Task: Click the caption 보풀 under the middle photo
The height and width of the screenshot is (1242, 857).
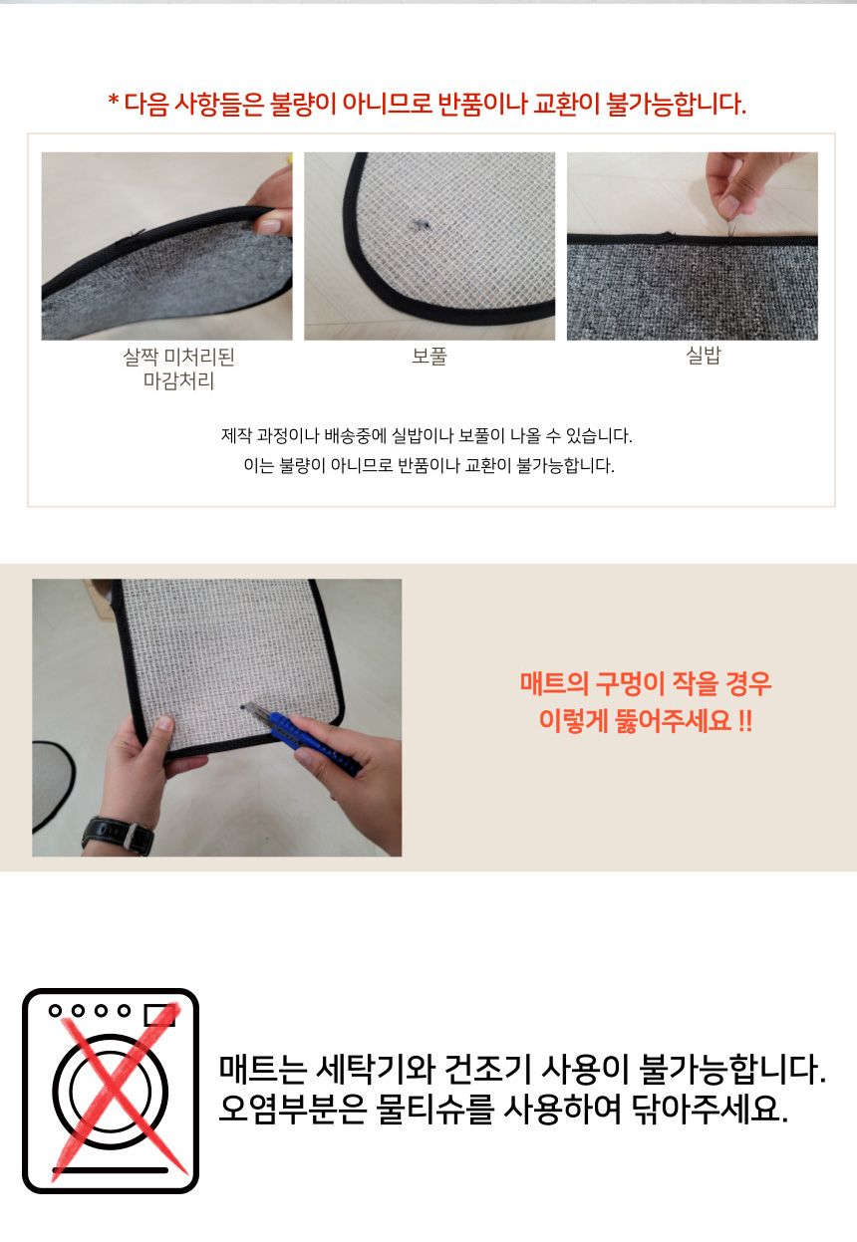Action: pos(428,356)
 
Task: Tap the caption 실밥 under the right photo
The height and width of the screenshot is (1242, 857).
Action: pos(704,356)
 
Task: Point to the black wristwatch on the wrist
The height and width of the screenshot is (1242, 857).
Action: pos(119,834)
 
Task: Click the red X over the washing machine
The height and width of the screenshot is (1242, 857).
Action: pos(112,1090)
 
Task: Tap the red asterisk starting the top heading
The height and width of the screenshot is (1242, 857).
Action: pos(114,103)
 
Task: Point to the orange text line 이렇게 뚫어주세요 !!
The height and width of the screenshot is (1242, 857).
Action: pos(646,720)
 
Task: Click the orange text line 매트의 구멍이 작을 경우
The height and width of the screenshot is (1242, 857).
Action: pos(646,684)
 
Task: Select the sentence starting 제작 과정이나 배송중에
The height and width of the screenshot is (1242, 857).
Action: pos(428,436)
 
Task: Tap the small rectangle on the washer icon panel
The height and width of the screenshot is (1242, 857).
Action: pos(159,1014)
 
